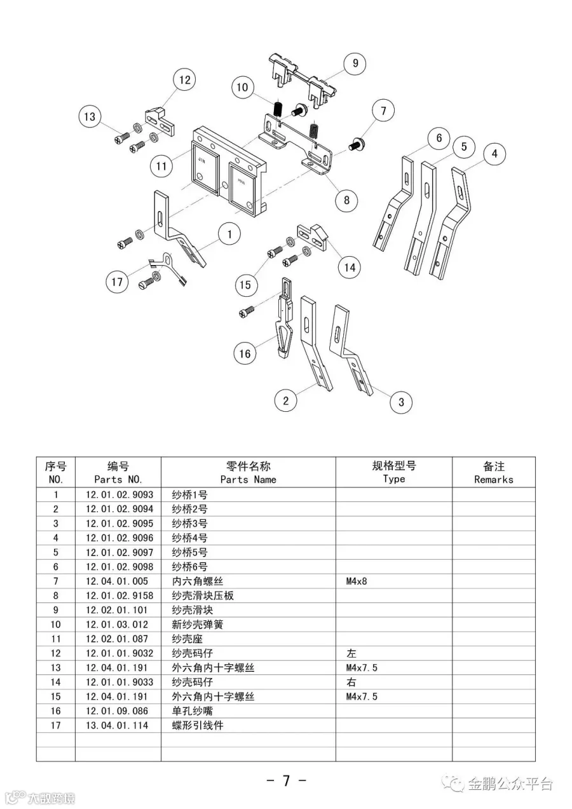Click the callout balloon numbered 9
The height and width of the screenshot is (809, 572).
point(355,63)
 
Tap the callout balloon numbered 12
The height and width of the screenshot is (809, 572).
point(184,80)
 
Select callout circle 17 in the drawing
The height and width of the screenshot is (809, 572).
point(117,282)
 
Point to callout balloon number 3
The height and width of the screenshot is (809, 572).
point(401,402)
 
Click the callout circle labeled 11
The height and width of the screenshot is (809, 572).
point(162,167)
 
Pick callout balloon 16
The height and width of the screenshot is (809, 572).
point(245,353)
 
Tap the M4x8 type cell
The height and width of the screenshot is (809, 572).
point(357,581)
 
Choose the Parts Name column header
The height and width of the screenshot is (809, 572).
point(248,473)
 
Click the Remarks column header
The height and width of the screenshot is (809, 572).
point(493,473)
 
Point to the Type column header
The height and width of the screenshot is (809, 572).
point(394,473)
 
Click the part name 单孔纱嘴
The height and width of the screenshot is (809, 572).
point(193,710)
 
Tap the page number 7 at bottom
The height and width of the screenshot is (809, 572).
point(286,781)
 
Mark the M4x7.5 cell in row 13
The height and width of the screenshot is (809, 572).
point(362,667)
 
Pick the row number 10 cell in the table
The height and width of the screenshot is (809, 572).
point(56,624)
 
